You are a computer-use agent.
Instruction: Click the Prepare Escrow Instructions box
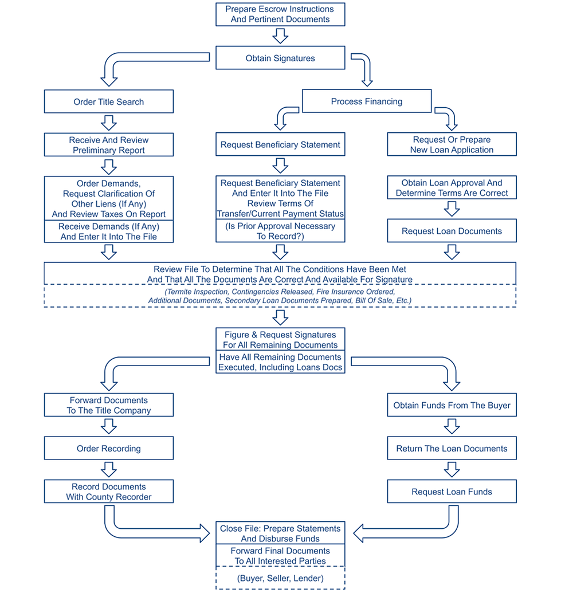point(280,14)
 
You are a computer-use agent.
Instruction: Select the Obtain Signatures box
point(280,58)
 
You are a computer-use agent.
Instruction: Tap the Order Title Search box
point(109,102)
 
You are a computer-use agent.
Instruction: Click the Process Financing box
point(367,101)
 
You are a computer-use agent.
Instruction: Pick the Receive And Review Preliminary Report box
point(109,145)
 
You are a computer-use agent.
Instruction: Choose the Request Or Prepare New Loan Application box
point(452,144)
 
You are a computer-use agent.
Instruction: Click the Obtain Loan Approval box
point(452,188)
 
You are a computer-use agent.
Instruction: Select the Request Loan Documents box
point(452,231)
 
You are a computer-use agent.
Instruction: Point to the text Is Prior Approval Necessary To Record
point(280,231)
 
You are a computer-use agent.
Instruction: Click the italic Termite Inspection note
point(280,296)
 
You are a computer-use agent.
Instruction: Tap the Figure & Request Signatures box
point(280,340)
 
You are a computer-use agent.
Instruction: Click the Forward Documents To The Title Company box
point(109,405)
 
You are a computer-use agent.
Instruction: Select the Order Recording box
point(109,449)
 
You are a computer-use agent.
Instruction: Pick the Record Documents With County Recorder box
point(109,492)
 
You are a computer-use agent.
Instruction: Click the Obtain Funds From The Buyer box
point(452,405)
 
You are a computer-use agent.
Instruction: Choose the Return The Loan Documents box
point(452,449)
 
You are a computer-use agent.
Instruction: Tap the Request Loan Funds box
point(452,492)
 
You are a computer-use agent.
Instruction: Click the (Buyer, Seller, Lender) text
point(280,578)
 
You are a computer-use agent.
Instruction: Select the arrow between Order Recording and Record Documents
point(109,470)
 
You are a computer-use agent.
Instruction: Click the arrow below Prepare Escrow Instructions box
point(280,36)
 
